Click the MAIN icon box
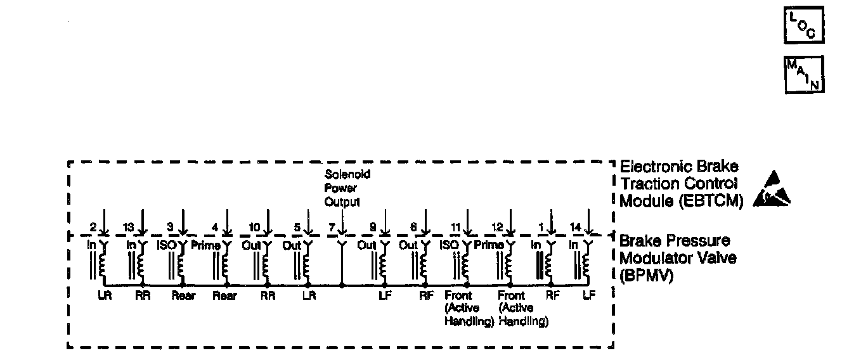click(805, 74)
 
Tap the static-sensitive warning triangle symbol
click(772, 190)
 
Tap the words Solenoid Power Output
click(347, 188)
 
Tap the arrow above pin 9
click(384, 223)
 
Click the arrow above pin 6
click(426, 223)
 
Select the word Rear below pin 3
click(184, 296)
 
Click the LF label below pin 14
click(589, 295)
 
